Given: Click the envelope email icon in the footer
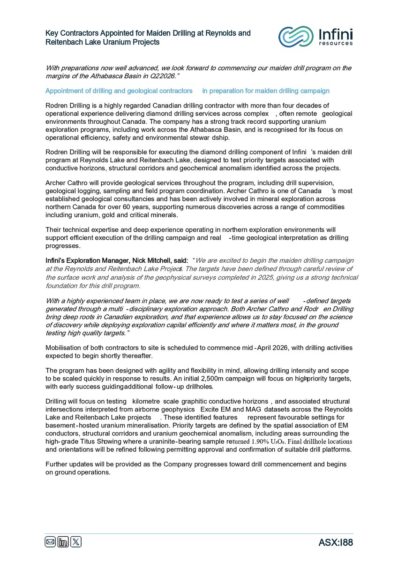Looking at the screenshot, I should pyautogui.click(x=50, y=542).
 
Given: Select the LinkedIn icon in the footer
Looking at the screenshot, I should pyautogui.click(x=63, y=542).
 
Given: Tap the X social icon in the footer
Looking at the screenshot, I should pyautogui.click(x=75, y=542).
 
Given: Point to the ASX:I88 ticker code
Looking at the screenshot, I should pyautogui.click(x=335, y=543).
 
